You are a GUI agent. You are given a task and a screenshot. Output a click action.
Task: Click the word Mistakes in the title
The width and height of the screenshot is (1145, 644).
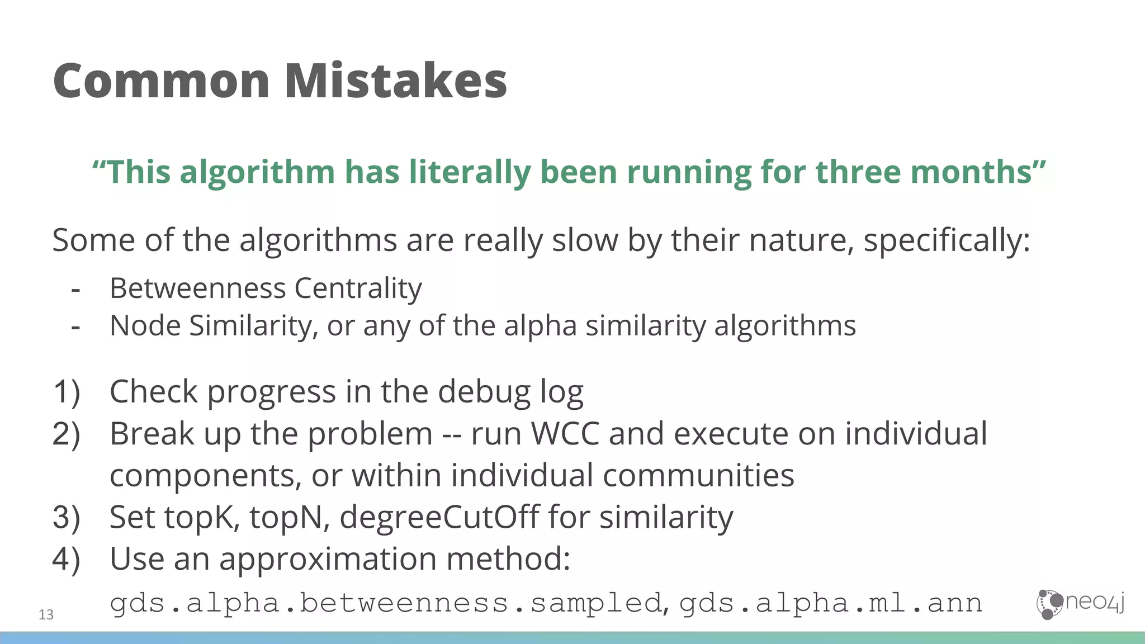(396, 81)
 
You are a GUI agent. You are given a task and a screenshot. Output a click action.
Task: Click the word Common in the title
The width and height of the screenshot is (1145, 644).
(162, 81)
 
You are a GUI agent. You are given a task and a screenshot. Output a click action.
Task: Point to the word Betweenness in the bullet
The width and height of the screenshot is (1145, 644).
(198, 288)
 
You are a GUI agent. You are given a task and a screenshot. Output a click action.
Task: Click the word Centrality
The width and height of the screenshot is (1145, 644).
(358, 288)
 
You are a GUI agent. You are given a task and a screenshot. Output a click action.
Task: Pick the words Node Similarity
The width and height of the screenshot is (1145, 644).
(213, 325)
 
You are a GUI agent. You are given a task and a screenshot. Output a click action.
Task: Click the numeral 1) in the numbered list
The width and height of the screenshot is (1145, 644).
(67, 391)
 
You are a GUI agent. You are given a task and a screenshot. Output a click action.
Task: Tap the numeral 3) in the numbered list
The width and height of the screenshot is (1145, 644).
(67, 517)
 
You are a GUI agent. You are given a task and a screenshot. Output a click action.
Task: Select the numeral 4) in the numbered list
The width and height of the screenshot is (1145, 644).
(67, 559)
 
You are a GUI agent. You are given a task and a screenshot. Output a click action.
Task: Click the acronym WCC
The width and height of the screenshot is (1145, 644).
(565, 434)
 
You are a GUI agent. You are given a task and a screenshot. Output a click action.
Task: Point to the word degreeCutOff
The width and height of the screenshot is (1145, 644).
(439, 517)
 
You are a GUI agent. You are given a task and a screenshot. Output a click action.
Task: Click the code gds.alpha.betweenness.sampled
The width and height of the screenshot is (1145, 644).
(386, 603)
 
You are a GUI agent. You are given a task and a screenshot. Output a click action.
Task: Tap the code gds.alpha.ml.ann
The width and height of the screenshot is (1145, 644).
(831, 603)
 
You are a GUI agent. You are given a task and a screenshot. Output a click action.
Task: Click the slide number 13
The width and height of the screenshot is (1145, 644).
(46, 615)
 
